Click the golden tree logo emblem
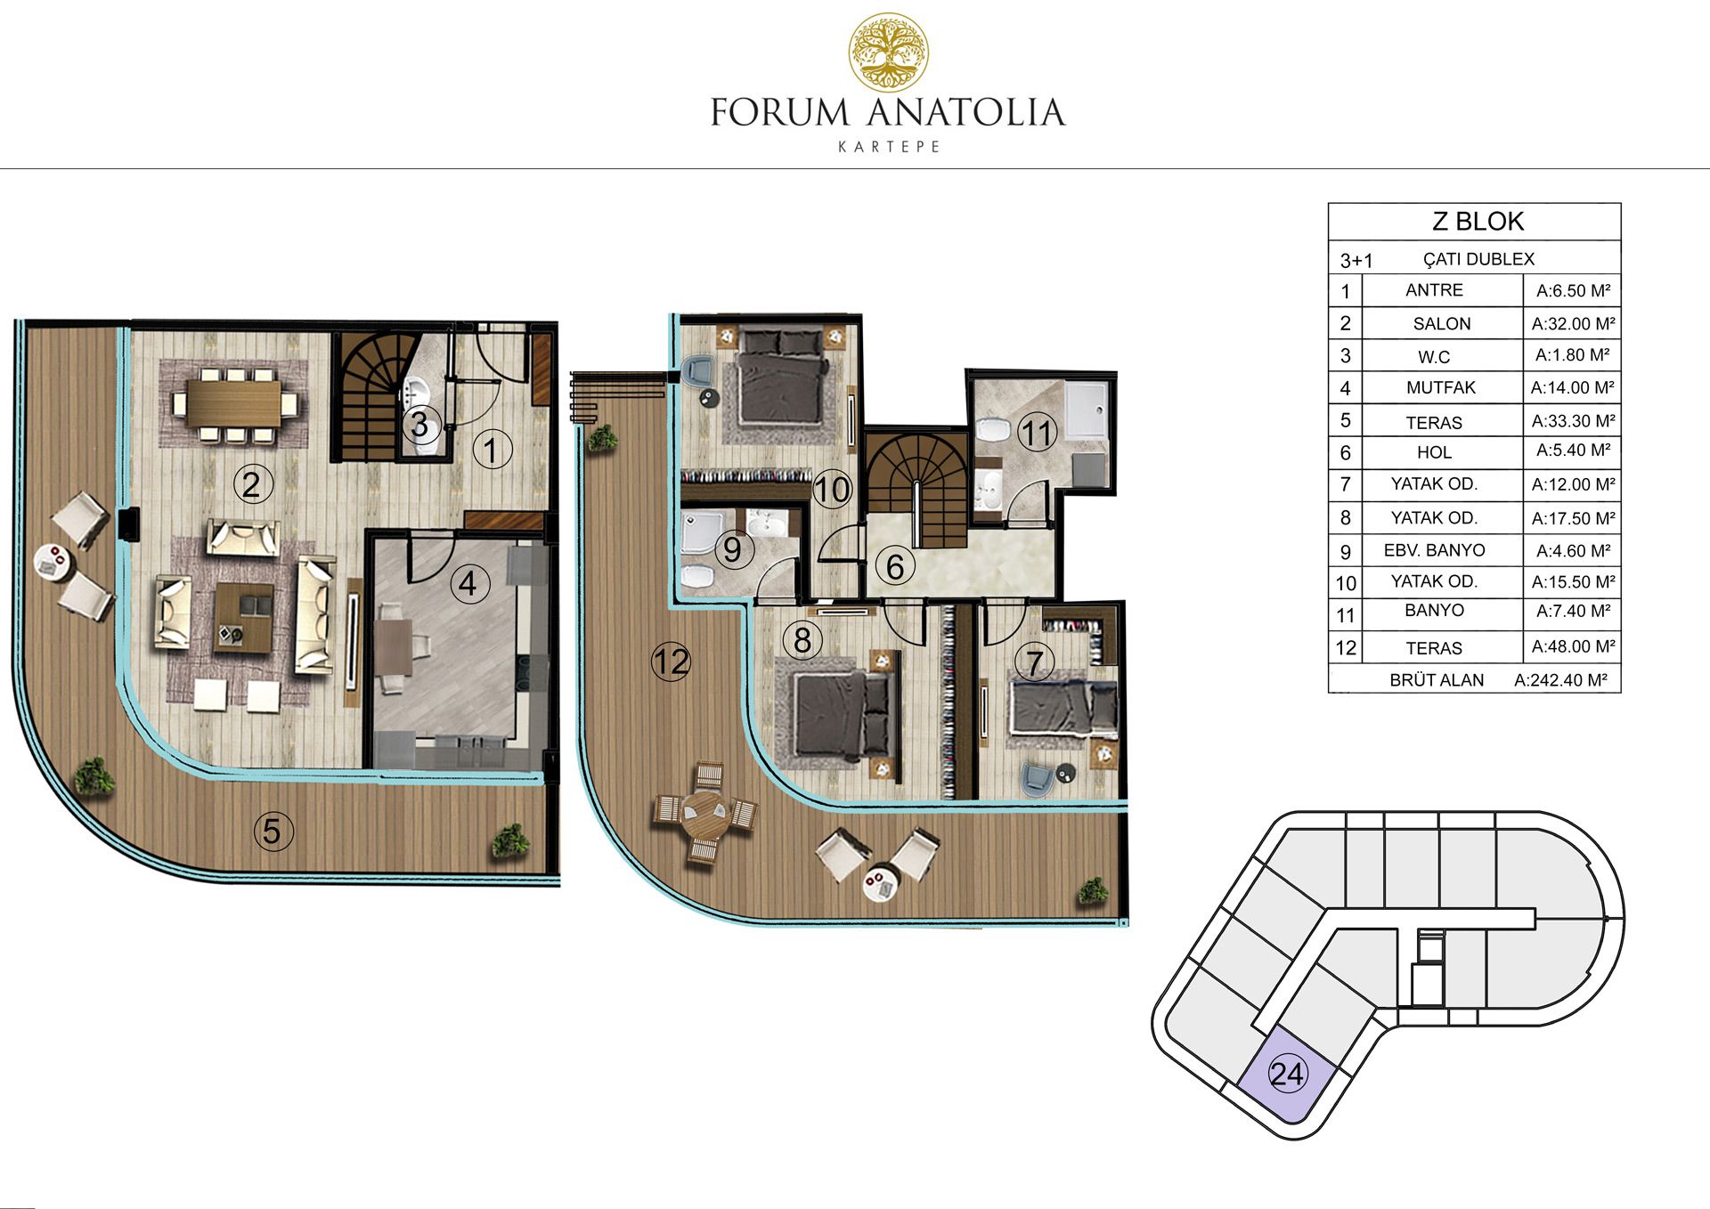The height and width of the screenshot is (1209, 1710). [x=888, y=53]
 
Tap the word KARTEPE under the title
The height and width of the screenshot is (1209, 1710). [x=889, y=147]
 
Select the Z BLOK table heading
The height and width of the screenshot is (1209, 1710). [x=1478, y=221]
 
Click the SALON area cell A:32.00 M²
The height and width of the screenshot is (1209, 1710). [x=1573, y=323]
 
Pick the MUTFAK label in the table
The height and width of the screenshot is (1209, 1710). [x=1440, y=387]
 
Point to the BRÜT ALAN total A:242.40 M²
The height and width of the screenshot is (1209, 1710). [x=1560, y=680]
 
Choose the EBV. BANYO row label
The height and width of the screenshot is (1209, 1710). [x=1434, y=550]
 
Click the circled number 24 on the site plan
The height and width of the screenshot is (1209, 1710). [x=1287, y=1075]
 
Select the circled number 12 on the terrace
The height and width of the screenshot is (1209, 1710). [x=671, y=661]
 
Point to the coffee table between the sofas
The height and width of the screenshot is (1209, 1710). [x=243, y=617]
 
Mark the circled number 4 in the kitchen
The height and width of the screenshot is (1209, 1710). [x=468, y=584]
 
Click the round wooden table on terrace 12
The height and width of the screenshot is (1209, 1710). [x=704, y=812]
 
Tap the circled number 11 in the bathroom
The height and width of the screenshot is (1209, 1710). [x=1037, y=434]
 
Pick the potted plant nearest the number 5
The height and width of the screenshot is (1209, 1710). [x=510, y=840]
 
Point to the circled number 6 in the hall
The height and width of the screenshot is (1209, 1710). [x=895, y=566]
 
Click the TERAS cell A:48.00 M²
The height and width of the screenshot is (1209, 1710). [x=1573, y=646]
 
